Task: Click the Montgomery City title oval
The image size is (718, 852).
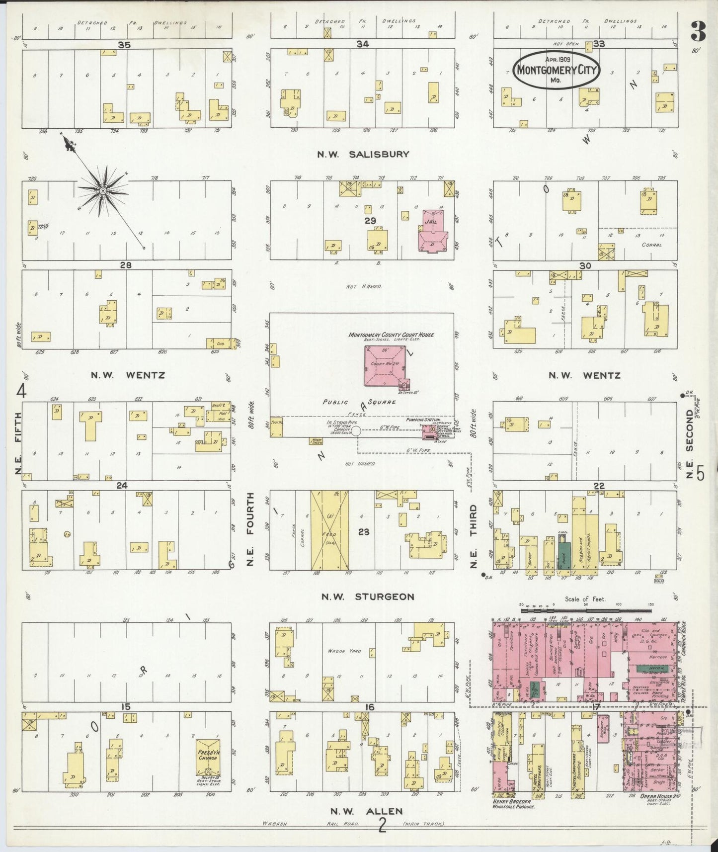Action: click(x=556, y=70)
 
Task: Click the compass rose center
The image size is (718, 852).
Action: click(x=103, y=191)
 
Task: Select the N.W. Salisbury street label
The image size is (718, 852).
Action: click(x=363, y=155)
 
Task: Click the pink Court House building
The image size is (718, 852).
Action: click(x=385, y=366)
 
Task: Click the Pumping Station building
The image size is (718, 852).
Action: click(x=429, y=432)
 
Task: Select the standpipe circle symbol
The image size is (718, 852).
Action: click(x=356, y=432)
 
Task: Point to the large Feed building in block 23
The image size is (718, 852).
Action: click(x=329, y=530)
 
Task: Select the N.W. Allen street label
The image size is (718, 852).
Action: click(x=367, y=811)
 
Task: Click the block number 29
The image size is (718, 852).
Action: click(x=370, y=220)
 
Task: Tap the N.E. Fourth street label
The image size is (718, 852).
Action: click(x=250, y=529)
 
